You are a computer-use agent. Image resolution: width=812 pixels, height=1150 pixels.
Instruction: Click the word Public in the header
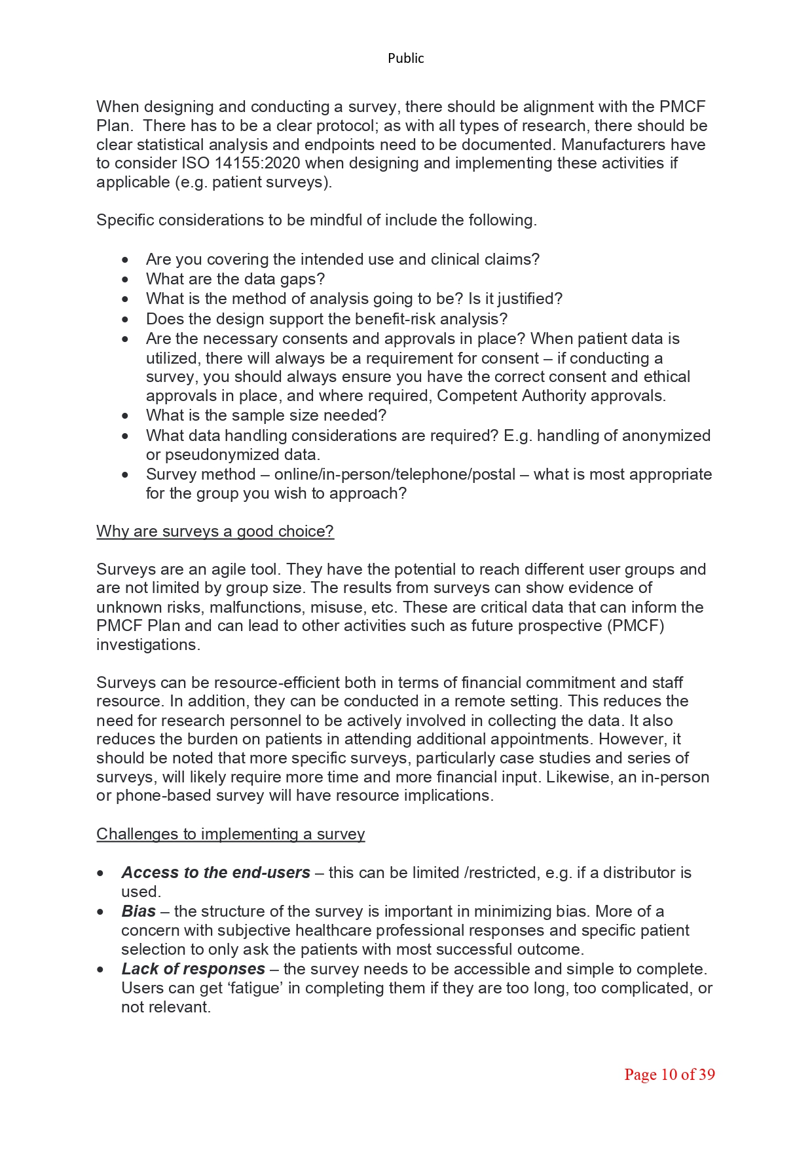405,58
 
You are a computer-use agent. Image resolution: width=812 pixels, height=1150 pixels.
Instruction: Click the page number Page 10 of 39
669,1075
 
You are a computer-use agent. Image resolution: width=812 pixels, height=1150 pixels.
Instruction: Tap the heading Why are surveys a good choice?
215,531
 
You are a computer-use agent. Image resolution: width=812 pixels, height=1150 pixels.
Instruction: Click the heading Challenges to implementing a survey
231,834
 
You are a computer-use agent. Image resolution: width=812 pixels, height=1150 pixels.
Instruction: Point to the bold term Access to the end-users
215,873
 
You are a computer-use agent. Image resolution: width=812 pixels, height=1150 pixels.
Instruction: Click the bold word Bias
138,911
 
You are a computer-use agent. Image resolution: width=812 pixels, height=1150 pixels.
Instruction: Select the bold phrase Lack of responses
193,969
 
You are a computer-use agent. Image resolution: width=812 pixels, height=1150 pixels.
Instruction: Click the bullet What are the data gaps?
235,279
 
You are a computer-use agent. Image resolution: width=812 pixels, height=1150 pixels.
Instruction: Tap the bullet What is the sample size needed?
266,415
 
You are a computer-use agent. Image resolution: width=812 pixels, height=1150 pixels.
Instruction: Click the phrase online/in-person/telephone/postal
394,474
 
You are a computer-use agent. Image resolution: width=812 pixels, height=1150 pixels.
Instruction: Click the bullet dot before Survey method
125,474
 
